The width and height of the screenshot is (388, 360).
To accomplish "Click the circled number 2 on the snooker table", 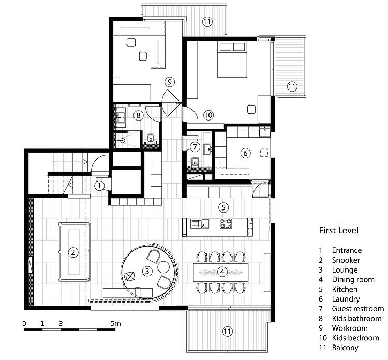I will pos(73,252).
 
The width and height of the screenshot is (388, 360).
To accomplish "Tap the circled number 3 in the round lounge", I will pos(147,271).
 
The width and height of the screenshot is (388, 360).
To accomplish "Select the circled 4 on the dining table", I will pos(221,271).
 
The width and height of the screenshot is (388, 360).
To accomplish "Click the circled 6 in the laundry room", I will pos(246,153).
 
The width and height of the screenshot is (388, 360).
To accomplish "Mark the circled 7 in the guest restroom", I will pos(195,147).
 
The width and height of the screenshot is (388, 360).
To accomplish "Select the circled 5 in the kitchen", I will pos(223,207).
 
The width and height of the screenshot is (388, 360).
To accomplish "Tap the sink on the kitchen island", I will pos(198,224).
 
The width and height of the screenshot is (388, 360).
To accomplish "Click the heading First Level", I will pos(338,230).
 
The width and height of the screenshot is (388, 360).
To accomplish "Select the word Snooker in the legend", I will pos(346,260).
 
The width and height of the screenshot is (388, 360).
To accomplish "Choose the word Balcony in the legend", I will pos(345,348).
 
